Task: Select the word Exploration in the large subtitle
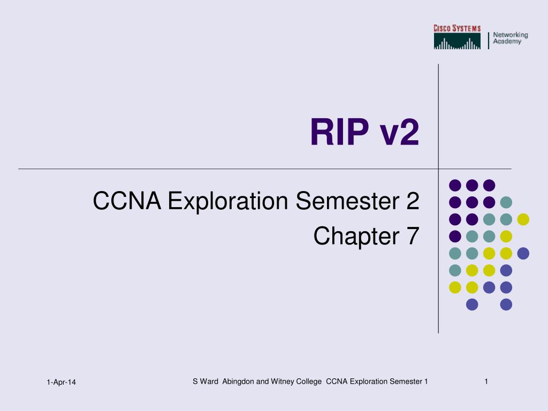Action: coord(228,201)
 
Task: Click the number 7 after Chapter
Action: coord(412,235)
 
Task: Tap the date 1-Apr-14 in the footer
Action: coord(61,382)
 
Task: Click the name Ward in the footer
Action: coord(209,381)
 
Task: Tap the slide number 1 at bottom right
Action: coord(486,381)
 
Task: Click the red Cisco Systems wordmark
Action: coord(457,28)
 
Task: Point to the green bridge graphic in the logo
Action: coord(457,41)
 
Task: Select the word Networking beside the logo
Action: coord(511,35)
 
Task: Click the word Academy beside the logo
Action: coord(507,41)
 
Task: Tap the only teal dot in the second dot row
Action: coord(506,202)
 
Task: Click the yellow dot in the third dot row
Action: coord(523,219)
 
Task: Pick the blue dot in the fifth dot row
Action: coord(523,253)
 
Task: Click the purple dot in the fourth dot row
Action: coord(455,236)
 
